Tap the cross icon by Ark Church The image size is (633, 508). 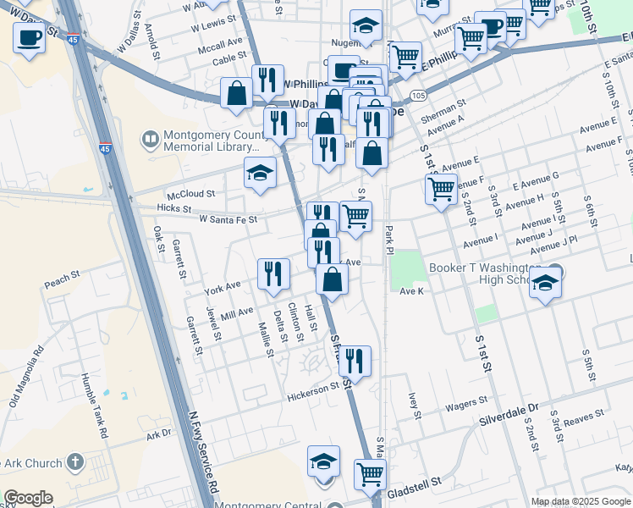coord(75,462)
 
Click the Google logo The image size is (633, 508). coord(28,498)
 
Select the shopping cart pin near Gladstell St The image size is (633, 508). coord(370,475)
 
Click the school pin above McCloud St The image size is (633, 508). coord(261,174)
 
